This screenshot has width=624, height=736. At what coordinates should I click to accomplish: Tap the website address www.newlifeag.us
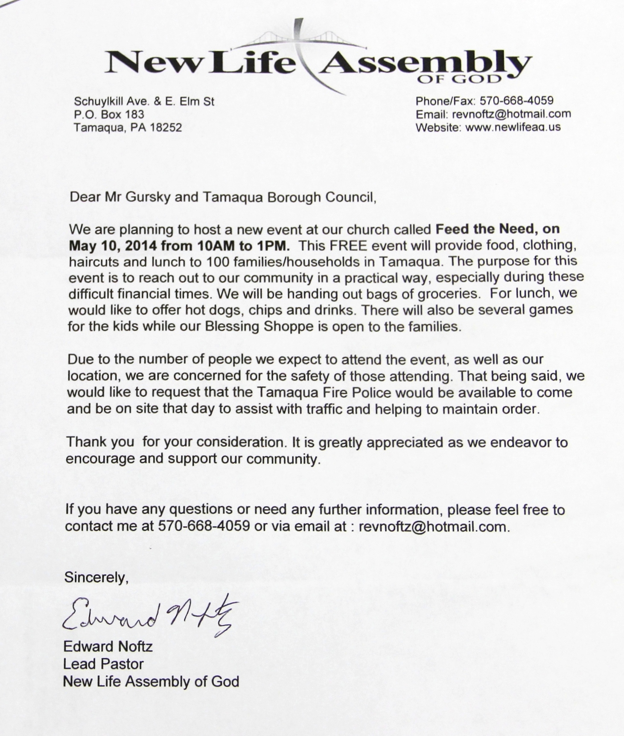coord(513,127)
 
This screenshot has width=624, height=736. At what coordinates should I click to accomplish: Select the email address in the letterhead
coord(511,114)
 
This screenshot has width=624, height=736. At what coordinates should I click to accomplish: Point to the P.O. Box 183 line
coord(109,114)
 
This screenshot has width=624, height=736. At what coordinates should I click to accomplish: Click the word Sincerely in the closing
coord(96,578)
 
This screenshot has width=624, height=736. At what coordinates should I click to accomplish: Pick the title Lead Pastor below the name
coord(103,664)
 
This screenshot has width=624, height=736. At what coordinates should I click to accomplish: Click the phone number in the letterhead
coord(516,101)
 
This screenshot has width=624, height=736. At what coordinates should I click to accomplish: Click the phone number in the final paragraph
coord(204,526)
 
